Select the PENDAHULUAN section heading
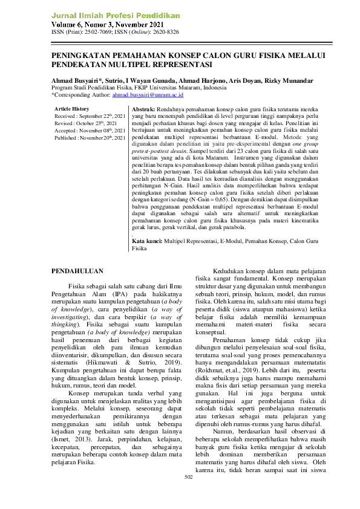tap(77, 271)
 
